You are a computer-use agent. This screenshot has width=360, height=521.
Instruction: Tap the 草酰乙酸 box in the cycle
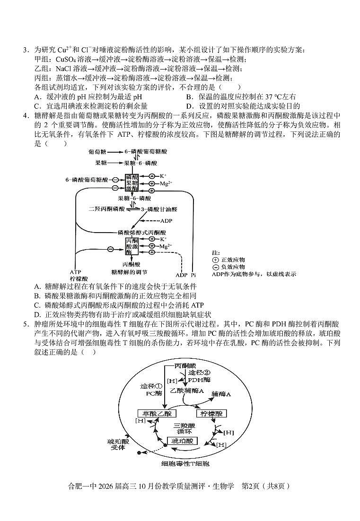click(x=157, y=413)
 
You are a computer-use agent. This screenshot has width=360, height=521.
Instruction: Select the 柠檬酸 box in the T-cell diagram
click(x=211, y=413)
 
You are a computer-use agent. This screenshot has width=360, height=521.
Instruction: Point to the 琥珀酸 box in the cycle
click(x=183, y=441)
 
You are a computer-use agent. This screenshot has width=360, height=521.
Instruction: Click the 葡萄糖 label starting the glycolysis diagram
click(x=97, y=152)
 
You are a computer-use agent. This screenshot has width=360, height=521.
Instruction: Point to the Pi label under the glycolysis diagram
click(x=193, y=275)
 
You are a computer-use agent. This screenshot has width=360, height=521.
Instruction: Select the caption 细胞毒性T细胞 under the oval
click(x=185, y=464)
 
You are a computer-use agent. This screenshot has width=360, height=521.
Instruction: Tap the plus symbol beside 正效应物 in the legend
click(x=216, y=260)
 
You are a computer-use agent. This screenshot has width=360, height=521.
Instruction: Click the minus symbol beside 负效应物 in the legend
click(x=216, y=267)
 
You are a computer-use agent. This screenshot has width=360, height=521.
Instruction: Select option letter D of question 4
click(x=37, y=314)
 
